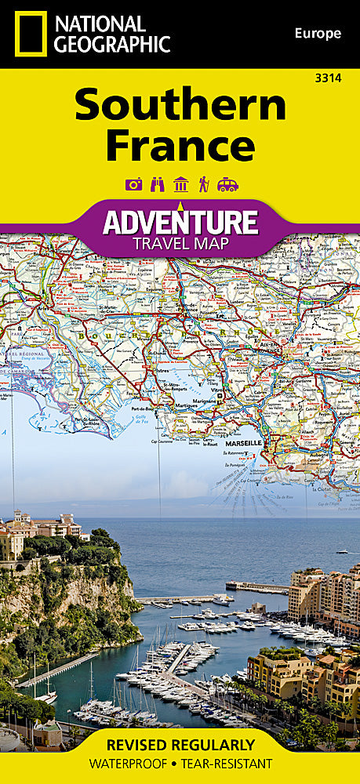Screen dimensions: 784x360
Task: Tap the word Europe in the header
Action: tap(318, 33)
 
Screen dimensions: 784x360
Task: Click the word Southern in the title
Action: tap(180, 106)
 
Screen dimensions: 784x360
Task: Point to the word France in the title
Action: tap(180, 145)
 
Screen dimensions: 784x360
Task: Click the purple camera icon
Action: tap(133, 184)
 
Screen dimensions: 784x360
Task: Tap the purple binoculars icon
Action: tap(157, 184)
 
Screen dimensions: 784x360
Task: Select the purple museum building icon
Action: tap(180, 184)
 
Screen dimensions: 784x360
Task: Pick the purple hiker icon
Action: tap(204, 184)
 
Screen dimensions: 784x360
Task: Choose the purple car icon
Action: tap(227, 184)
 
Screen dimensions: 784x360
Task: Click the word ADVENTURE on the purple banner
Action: tap(180, 222)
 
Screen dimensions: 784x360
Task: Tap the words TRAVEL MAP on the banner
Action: tap(180, 243)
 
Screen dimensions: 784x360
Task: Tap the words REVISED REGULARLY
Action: tap(180, 745)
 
